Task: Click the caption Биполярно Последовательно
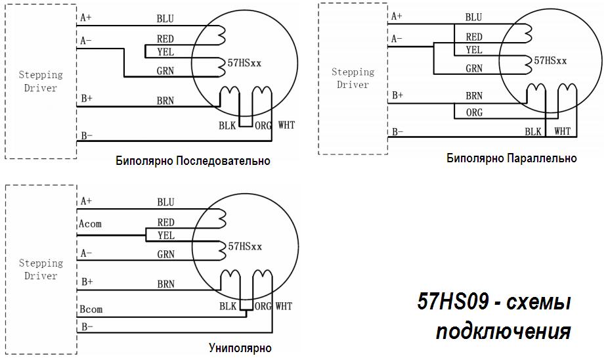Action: tap(192, 161)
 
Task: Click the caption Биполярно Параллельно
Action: tap(511, 158)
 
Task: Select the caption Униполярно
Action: tap(240, 348)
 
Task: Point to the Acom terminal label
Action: tap(91, 224)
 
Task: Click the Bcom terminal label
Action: tap(91, 309)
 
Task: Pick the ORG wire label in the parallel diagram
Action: tap(474, 113)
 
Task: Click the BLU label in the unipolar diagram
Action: tap(165, 202)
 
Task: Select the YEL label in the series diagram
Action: tap(165, 51)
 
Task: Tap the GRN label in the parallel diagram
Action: tap(474, 68)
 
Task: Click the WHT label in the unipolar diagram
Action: tap(284, 306)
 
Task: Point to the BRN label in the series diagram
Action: tap(165, 101)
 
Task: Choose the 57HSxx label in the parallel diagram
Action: tap(550, 60)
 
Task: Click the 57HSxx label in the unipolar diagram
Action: tap(245, 247)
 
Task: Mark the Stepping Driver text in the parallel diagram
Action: tap(353, 78)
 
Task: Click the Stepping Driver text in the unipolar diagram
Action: tap(41, 269)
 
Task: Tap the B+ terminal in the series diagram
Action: tap(86, 99)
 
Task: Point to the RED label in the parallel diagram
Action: tap(474, 37)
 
